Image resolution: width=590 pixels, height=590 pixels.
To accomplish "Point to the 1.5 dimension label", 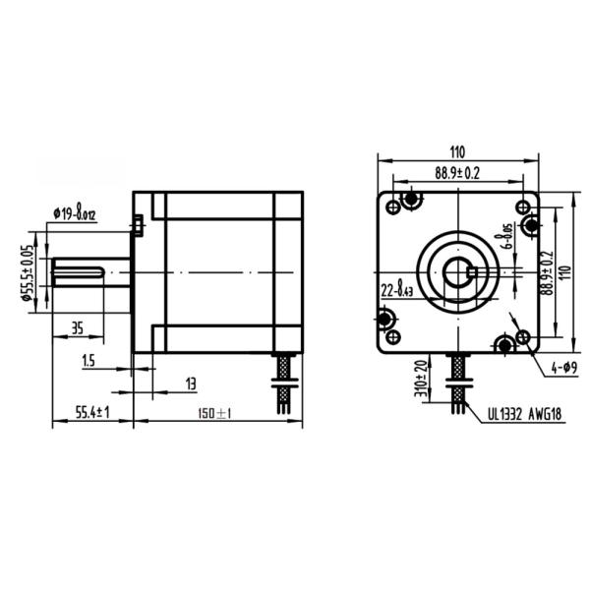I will pos(88,362).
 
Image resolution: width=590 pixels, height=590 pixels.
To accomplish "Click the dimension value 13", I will pos(190,382).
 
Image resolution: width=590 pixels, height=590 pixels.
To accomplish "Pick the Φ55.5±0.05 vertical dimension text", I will pos(29,272).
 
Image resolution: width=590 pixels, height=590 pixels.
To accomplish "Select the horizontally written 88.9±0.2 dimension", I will pos(457,173).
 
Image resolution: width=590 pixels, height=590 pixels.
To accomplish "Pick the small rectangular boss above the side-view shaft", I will pos(140,225).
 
